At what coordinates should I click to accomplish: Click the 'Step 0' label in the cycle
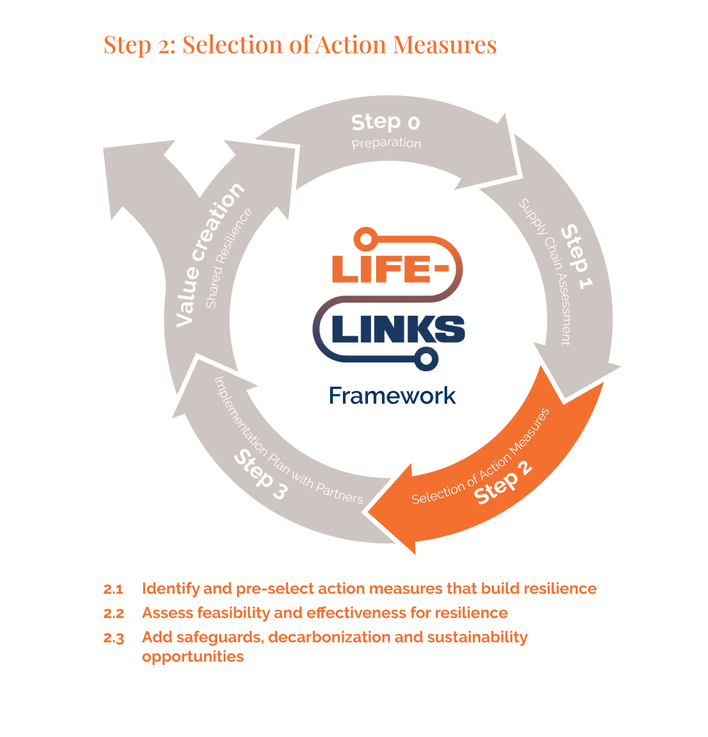coord(385,122)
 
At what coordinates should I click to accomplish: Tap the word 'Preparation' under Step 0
coord(386,143)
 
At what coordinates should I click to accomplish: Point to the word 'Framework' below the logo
coord(392,396)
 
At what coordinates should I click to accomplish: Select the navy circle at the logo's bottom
coord(426,359)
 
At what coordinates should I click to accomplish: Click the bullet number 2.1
coord(114,589)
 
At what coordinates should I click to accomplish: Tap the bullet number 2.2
coord(114,614)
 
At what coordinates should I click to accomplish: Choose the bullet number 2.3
coord(114,638)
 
